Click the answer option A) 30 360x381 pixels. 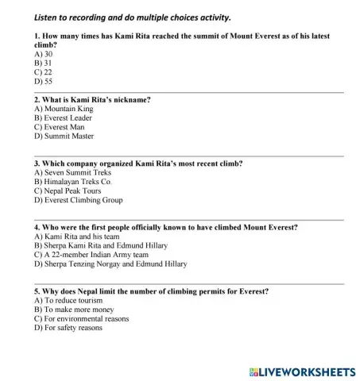pyautogui.click(x=41, y=55)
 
